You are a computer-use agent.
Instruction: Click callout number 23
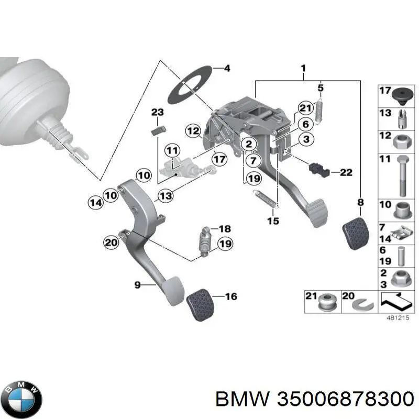[x=157, y=112]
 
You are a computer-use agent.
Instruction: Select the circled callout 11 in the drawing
[x=172, y=151]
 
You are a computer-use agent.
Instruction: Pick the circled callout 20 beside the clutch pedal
[x=111, y=242]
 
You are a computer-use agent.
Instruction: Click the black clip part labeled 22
[x=317, y=169]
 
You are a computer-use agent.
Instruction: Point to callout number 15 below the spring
[x=273, y=221]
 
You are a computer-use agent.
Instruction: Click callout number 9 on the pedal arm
[x=137, y=284]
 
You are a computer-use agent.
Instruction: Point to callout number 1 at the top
[x=303, y=68]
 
